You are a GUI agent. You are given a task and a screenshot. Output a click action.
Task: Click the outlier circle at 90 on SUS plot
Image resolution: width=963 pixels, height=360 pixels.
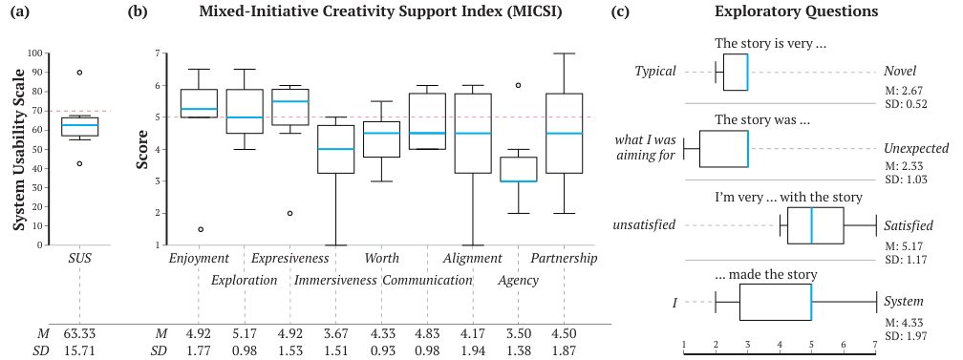tap(79, 73)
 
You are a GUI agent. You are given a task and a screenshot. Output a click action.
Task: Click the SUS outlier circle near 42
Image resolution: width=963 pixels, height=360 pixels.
tap(79, 163)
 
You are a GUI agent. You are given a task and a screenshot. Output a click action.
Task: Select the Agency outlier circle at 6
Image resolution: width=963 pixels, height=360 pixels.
tap(519, 85)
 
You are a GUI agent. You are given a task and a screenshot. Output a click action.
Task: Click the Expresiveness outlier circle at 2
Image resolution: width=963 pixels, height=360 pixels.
tap(289, 213)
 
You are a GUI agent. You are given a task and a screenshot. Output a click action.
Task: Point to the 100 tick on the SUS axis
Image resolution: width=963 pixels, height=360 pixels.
tap(36, 53)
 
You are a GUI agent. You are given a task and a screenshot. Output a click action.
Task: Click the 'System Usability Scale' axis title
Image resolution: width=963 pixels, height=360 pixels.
tap(18, 148)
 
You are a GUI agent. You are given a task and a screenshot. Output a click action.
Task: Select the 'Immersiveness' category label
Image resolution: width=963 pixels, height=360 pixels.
tap(335, 280)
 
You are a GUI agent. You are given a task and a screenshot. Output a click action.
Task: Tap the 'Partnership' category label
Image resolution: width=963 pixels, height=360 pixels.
tap(564, 259)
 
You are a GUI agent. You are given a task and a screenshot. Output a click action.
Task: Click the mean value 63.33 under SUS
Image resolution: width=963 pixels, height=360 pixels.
tap(79, 333)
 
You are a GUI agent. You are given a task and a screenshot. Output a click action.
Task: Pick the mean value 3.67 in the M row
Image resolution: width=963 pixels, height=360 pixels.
tap(335, 333)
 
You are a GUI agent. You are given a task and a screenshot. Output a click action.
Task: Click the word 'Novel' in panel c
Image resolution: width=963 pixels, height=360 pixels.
tap(900, 72)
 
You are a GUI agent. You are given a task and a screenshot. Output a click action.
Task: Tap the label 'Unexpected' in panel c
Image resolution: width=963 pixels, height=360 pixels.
tap(915, 148)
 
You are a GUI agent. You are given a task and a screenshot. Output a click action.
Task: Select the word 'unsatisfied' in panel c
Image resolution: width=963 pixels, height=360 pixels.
tap(645, 225)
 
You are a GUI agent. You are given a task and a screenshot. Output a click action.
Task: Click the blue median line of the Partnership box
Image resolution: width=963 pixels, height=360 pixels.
tap(564, 133)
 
